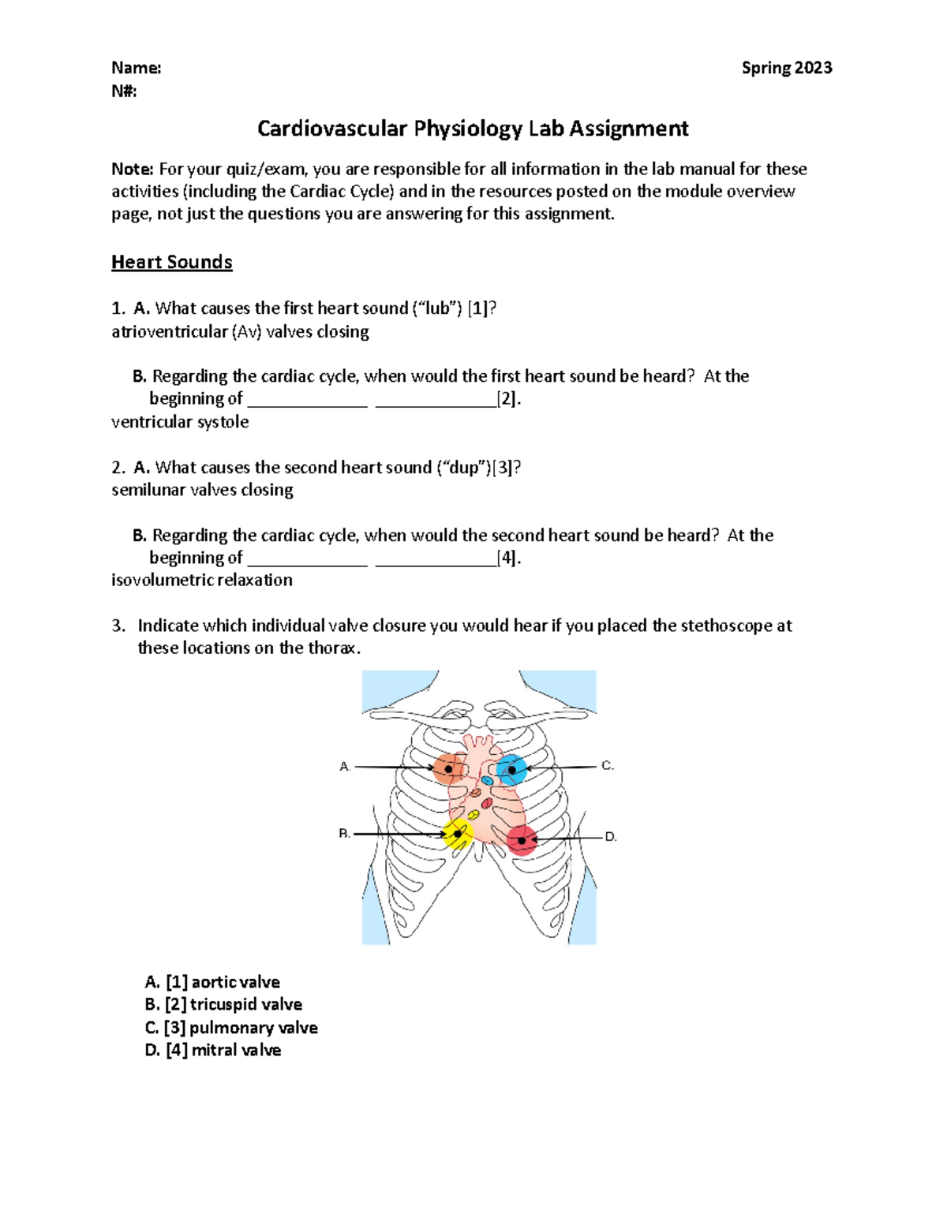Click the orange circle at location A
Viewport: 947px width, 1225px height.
[x=448, y=768]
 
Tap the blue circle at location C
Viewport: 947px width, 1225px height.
[x=511, y=769]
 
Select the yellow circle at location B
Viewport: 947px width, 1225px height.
[x=458, y=834]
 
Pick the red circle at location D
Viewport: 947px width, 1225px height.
[x=522, y=840]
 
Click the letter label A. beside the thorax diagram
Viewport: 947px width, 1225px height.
[x=345, y=767]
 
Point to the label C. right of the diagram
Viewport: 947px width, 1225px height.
[x=607, y=766]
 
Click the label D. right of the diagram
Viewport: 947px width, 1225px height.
[x=610, y=837]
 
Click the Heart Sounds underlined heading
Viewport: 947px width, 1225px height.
[x=171, y=262]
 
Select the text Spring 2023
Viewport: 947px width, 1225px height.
[x=786, y=68]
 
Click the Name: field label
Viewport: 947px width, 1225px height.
[x=136, y=68]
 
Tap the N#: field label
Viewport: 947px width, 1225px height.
[x=124, y=91]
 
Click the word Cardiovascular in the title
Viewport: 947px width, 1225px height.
[x=332, y=129]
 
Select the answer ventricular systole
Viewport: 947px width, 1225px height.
[x=180, y=422]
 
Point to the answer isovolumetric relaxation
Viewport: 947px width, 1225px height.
[x=202, y=580]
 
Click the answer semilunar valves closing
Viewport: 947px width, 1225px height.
[x=202, y=490]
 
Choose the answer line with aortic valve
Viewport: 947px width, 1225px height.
[x=212, y=982]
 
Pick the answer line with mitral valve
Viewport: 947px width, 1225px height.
[x=213, y=1050]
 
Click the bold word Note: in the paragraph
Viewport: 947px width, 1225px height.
[x=133, y=169]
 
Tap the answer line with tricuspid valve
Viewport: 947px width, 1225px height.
[x=223, y=1004]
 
